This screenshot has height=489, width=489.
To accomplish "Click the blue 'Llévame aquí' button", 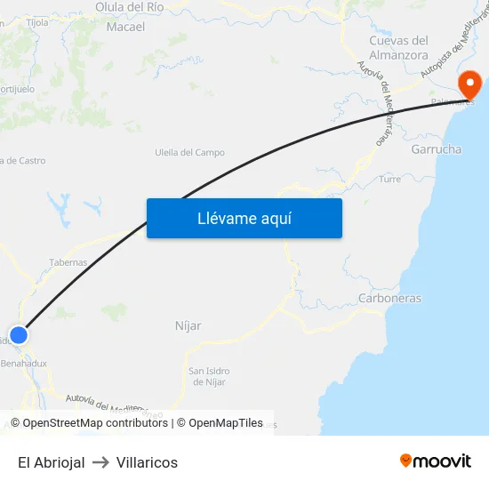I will click(244, 218).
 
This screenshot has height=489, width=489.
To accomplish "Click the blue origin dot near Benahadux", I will click(18, 335).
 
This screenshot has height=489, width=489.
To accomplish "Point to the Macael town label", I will click(125, 27).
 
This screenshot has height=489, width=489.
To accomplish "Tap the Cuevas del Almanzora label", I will click(398, 47).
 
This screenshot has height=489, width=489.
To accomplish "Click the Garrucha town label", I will click(436, 149).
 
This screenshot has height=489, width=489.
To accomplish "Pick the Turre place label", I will click(390, 179).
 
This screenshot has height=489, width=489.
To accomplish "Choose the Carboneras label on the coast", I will click(389, 298).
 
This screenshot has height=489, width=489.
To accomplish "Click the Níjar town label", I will click(188, 326).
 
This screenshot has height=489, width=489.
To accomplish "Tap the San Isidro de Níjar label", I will click(210, 376).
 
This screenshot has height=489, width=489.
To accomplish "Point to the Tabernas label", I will click(68, 262).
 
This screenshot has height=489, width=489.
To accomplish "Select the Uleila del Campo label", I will click(189, 153).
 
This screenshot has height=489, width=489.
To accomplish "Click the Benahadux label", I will click(24, 363).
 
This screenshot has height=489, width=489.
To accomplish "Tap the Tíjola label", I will click(37, 22).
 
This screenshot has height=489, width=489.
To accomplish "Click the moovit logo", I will click(435, 461).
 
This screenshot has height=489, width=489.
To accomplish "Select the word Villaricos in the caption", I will click(147, 462).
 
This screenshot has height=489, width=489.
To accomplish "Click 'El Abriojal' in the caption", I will click(51, 462).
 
